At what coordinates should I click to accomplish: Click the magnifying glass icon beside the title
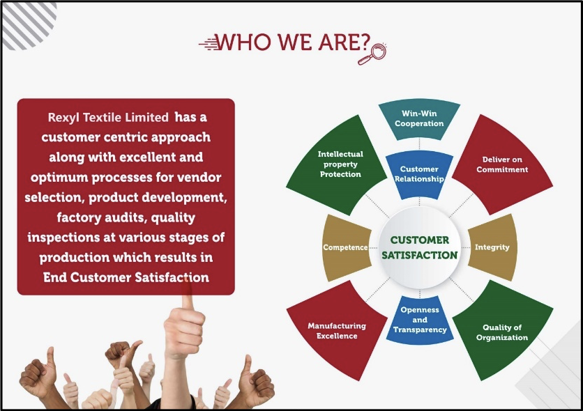pos(372,54)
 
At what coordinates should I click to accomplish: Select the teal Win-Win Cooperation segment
pos(419,119)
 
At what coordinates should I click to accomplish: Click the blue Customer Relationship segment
pos(419,174)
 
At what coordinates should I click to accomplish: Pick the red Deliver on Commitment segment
pos(502,164)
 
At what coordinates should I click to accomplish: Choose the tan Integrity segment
pos(492,247)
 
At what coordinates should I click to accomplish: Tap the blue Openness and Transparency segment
pos(420,320)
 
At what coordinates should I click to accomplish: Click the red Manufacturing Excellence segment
pos(337,330)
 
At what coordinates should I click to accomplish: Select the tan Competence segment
pos(347,247)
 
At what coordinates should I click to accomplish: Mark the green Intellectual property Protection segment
pos(337,164)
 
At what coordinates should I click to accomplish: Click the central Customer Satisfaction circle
pos(419,247)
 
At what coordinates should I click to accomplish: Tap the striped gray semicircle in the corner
pos(28,24)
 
